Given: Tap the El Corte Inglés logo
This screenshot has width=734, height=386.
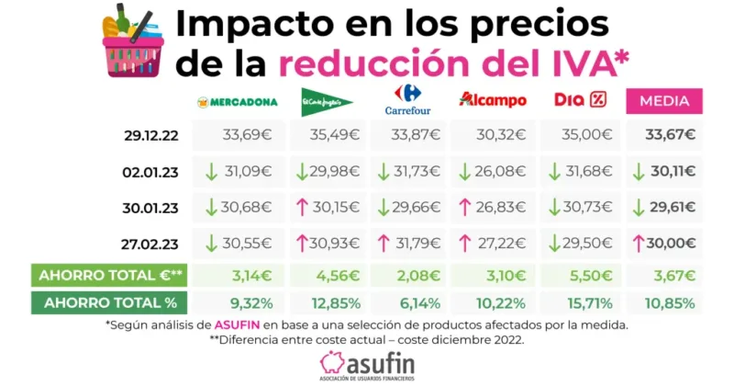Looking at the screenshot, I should (327, 100).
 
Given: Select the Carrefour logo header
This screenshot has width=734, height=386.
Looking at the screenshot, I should (407, 100).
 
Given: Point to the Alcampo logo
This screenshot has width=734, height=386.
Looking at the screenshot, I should (493, 99).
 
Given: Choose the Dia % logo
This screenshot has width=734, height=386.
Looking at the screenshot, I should (580, 99).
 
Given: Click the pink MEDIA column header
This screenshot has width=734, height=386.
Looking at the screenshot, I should (664, 100).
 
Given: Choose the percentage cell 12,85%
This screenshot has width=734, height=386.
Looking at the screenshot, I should (328, 301).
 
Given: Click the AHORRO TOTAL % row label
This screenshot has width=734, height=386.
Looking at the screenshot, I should (109, 301).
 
